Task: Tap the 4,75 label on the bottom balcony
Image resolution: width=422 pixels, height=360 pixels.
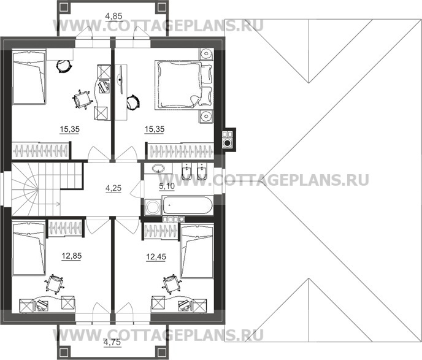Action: [111, 342]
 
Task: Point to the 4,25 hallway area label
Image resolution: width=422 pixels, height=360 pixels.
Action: [113, 188]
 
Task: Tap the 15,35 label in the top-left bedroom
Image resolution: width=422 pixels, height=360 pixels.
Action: [71, 130]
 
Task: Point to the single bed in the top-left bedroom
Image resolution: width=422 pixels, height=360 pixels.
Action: [29, 79]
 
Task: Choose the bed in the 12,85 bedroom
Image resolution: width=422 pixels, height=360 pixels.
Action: [29, 251]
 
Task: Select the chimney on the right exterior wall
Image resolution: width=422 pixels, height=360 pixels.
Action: [228, 139]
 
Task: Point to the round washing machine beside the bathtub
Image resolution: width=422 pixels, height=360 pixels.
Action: [151, 208]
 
